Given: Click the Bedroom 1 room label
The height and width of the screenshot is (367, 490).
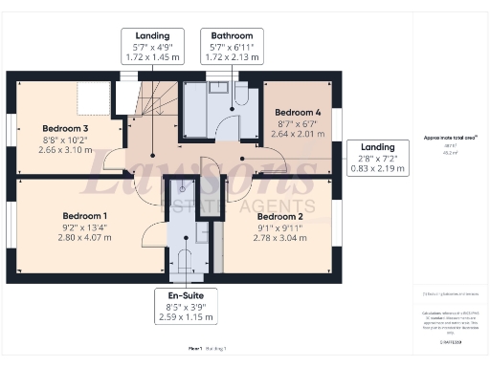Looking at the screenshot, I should (x=84, y=215).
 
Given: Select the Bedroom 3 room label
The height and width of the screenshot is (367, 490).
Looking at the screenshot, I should (x=65, y=128).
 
